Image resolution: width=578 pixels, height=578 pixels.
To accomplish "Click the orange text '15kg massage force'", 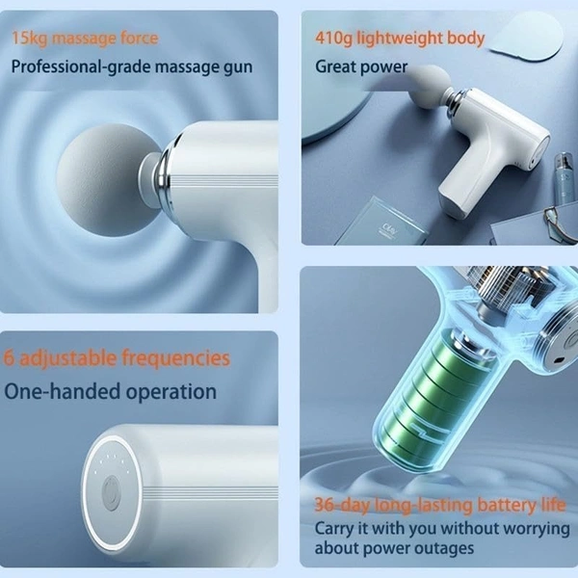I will pyautogui.click(x=85, y=39).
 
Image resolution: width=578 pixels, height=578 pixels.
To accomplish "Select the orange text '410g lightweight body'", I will pyautogui.click(x=400, y=39).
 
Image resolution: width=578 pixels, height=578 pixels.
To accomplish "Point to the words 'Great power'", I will pyautogui.click(x=361, y=67).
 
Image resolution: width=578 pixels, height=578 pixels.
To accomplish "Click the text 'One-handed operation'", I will pyautogui.click(x=110, y=391).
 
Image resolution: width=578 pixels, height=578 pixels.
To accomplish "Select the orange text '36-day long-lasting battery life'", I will pyautogui.click(x=440, y=504).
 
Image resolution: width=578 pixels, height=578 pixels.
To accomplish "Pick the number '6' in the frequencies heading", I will pyautogui.click(x=10, y=358).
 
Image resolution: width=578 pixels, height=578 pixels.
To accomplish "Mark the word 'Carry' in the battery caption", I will pyautogui.click(x=335, y=528).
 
